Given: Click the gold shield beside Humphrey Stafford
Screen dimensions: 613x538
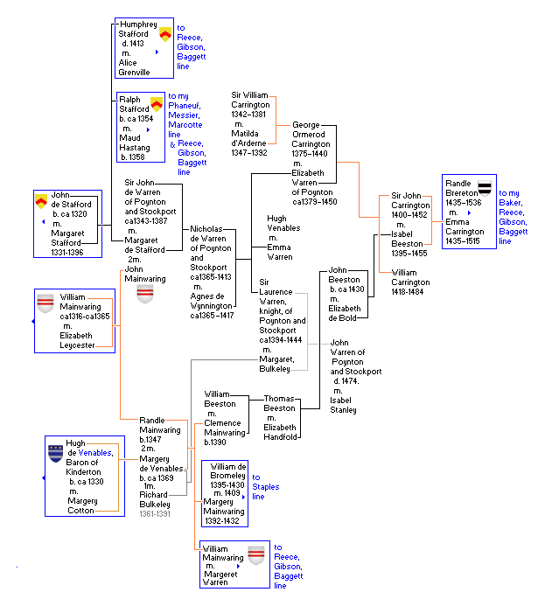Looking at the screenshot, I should pyautogui.click(x=164, y=34).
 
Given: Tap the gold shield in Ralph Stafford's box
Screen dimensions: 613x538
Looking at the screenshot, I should pyautogui.click(x=157, y=104).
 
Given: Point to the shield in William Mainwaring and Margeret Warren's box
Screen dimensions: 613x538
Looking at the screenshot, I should pyautogui.click(x=256, y=555).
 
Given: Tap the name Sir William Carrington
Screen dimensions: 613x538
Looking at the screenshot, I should pyautogui.click(x=250, y=100).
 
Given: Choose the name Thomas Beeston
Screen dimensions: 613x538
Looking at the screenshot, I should pyautogui.click(x=280, y=403).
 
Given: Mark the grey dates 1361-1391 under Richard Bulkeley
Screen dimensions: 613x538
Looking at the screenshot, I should pyautogui.click(x=157, y=514).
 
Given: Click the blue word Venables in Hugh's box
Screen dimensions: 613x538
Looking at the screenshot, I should pyautogui.click(x=94, y=453).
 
